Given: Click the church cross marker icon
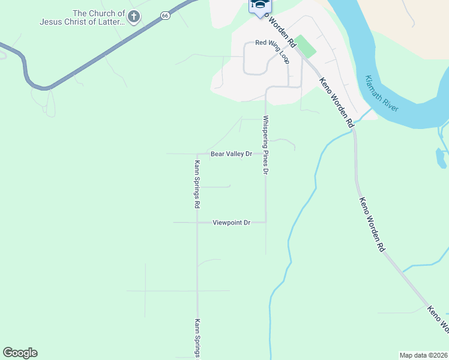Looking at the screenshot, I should pos(134,17).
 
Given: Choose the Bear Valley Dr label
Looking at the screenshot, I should pos(231,154).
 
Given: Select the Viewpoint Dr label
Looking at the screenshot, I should pos(231,223).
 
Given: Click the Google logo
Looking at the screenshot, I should pos(20,353).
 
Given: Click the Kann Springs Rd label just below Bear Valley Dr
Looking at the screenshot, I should pos(197,184).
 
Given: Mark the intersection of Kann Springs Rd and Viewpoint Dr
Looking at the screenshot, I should pos(197,223).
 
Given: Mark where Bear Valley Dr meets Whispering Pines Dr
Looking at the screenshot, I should pos(266,154).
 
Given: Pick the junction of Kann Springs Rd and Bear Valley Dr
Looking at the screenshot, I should pos(197,154).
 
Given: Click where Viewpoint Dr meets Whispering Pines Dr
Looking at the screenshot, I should pos(266,223).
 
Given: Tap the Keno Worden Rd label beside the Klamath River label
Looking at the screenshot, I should pos(336,102).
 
